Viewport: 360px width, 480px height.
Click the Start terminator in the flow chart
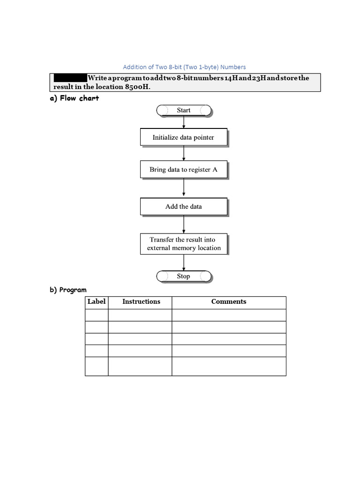[x=184, y=110]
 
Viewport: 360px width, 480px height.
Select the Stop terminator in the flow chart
[x=184, y=276]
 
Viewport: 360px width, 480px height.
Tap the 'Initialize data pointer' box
[x=184, y=137]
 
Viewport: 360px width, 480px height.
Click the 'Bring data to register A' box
[x=184, y=170]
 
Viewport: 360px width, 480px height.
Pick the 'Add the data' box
[x=184, y=206]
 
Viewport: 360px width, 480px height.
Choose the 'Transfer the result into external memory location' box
[x=184, y=244]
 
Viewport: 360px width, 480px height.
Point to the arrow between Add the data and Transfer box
[x=184, y=225]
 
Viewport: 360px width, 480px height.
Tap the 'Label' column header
[x=97, y=302]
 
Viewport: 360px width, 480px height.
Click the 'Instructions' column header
[x=141, y=302]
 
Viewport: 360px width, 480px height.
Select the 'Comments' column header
[x=229, y=302]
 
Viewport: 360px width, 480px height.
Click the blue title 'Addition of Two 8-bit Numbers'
[x=184, y=67]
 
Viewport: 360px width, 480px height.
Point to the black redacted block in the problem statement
[x=70, y=78]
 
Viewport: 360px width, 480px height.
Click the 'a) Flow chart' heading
[x=75, y=98]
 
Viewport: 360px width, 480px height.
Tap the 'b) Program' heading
[x=68, y=290]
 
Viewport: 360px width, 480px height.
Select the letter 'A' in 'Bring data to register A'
[x=215, y=170]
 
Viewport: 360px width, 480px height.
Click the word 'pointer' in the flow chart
[x=203, y=137]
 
